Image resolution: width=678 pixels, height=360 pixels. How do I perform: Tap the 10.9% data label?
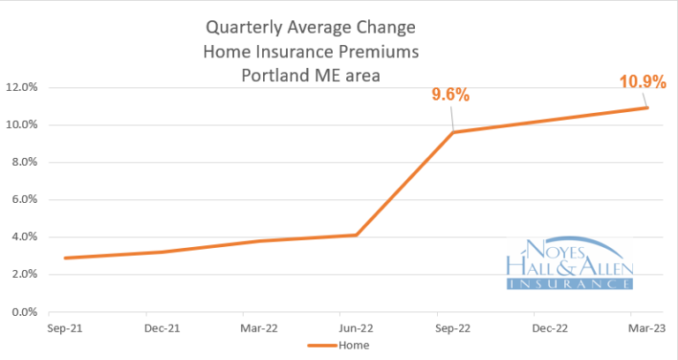pyautogui.click(x=637, y=83)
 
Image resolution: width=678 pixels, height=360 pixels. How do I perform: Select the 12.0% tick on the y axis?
pyautogui.click(x=22, y=87)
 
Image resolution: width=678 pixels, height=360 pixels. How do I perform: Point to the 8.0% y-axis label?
pyautogui.click(x=25, y=162)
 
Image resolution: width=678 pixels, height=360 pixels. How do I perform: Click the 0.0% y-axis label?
pyautogui.click(x=25, y=311)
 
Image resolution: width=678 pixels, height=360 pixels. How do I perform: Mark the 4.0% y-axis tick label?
pyautogui.click(x=25, y=236)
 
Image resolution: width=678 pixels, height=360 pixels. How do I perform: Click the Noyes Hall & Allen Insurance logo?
pyautogui.click(x=569, y=263)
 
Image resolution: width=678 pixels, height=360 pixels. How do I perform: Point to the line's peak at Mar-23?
pyautogui.click(x=646, y=108)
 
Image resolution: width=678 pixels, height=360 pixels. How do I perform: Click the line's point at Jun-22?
pyautogui.click(x=356, y=235)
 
